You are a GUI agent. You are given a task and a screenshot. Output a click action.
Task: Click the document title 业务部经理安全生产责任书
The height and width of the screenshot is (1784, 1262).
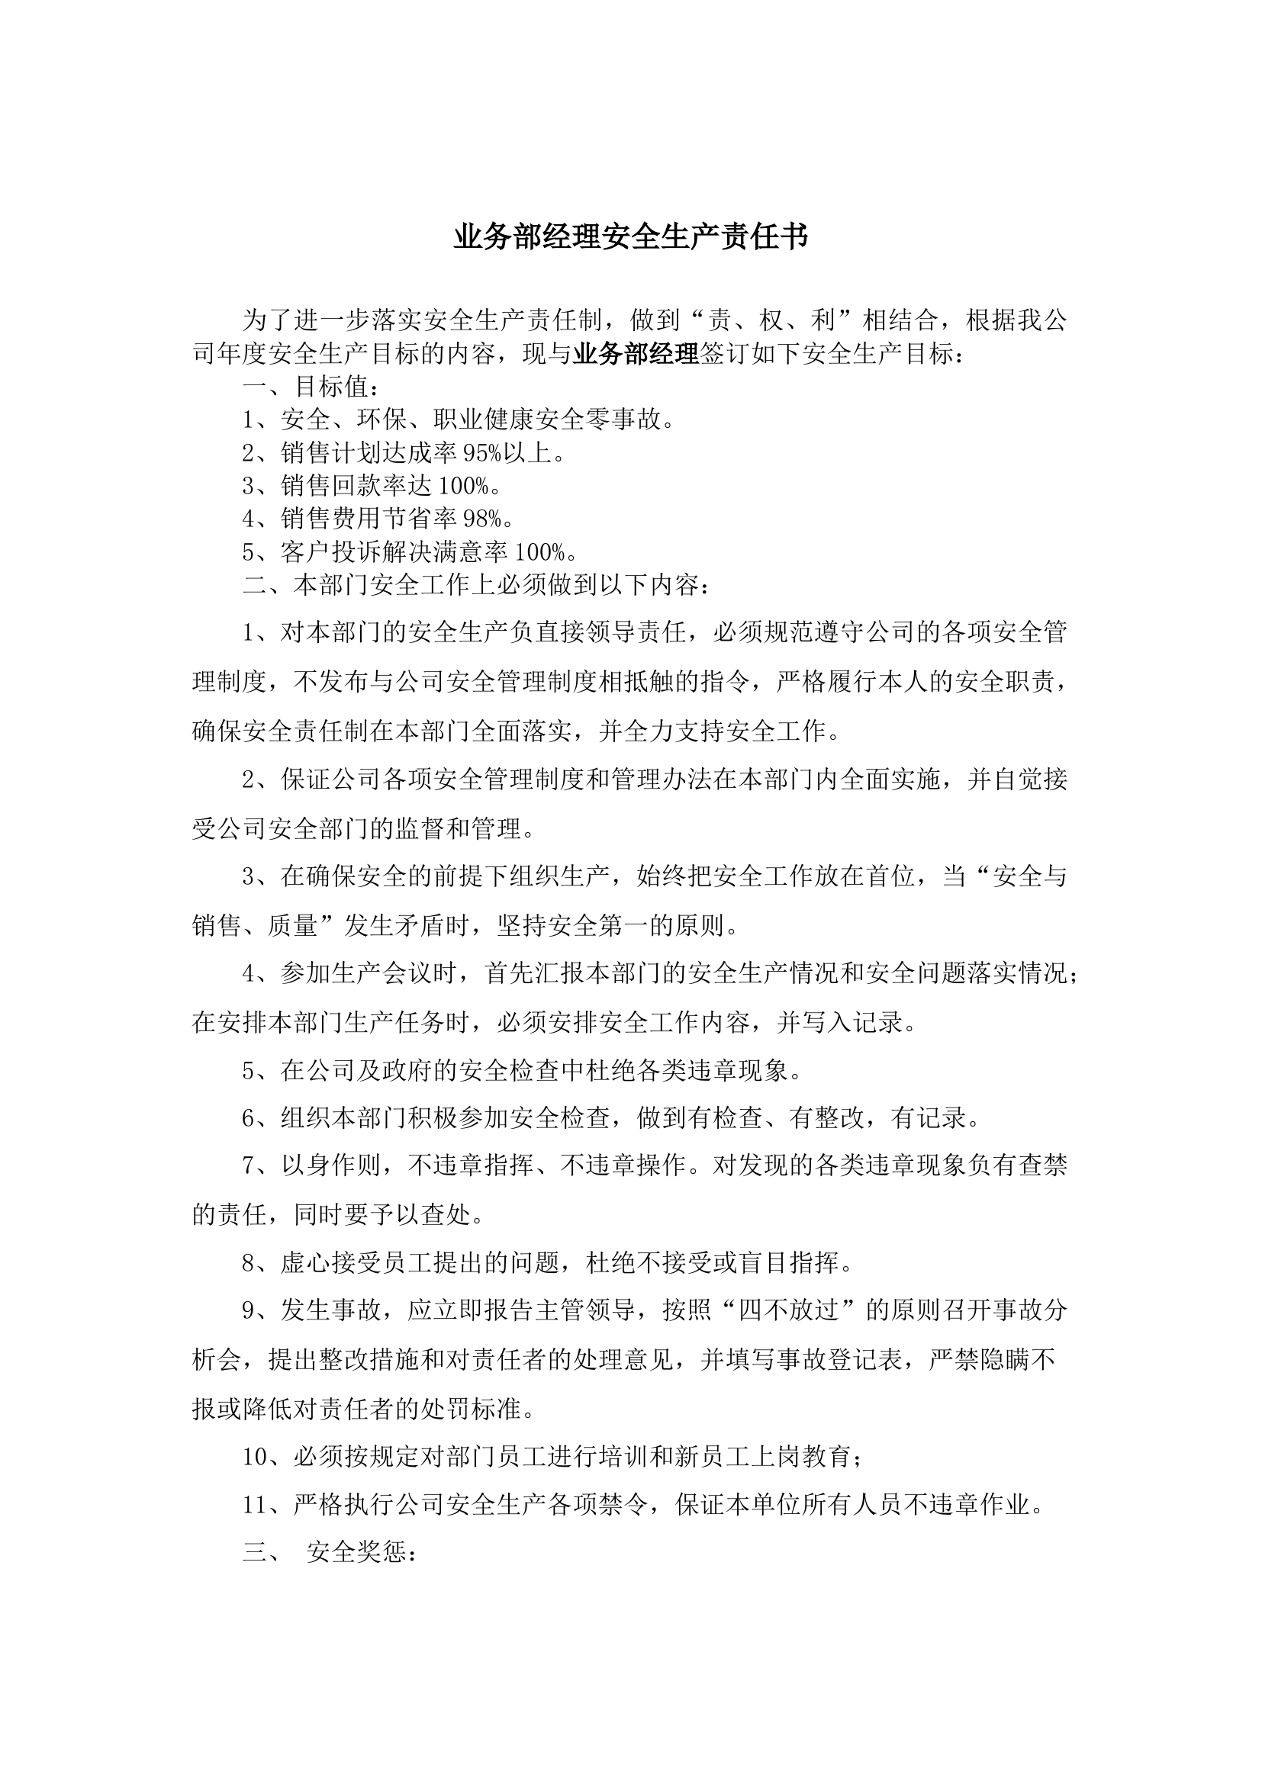point(630,237)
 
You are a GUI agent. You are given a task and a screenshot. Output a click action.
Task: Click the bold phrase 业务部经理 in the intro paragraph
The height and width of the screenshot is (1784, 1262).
point(636,355)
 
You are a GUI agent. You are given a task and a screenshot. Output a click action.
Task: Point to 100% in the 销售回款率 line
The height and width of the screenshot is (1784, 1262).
point(464,486)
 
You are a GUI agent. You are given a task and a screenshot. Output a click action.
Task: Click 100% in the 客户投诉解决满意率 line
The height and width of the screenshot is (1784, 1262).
point(541,551)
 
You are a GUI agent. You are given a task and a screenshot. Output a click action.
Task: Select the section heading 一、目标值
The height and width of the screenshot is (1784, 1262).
point(311,386)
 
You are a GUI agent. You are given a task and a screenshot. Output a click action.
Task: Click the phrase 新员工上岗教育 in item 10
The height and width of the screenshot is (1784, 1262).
point(761,1457)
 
